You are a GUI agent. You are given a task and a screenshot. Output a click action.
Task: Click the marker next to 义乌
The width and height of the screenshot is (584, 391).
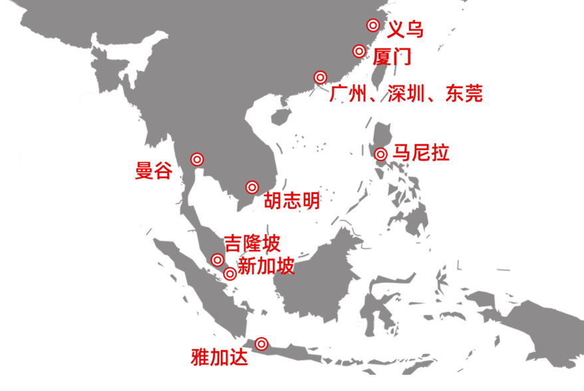(x=373, y=25)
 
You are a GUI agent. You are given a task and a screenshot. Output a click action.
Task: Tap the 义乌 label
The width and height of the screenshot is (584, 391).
(x=405, y=29)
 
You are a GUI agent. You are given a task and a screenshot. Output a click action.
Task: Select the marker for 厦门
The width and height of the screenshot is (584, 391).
(x=359, y=51)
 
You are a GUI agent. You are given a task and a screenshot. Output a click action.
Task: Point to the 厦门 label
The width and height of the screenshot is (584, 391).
(x=392, y=57)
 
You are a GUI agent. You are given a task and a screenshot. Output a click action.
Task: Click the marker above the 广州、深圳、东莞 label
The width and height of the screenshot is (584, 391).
(x=321, y=78)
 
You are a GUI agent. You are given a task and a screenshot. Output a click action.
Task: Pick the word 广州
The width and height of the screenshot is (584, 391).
(x=348, y=94)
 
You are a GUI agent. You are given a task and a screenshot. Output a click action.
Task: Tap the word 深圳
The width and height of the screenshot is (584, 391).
(x=406, y=94)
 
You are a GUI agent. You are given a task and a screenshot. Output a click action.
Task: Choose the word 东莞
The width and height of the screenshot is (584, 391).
(x=464, y=94)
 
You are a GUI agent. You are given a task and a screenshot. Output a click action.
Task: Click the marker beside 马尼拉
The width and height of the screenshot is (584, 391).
(x=380, y=154)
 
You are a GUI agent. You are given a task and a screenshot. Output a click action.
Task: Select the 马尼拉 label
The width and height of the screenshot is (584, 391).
(x=421, y=153)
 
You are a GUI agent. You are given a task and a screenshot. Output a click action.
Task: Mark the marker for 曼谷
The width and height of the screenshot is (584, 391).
(x=197, y=160)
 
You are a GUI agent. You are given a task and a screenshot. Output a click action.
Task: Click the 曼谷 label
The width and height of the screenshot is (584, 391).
(x=154, y=171)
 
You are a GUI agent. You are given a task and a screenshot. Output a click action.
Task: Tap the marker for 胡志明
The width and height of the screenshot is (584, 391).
(x=252, y=188)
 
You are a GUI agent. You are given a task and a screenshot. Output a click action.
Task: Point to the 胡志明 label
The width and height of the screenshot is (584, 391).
(x=292, y=200)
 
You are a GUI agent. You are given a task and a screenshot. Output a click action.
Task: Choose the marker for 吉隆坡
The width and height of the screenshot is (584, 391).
(x=218, y=260)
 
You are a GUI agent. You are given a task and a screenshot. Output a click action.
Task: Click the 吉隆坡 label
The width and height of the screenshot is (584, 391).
(x=252, y=243)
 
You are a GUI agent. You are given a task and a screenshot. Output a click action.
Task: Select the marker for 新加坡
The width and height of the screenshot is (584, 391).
(x=230, y=274)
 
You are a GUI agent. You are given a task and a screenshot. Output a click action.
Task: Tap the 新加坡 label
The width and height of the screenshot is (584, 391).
(x=266, y=266)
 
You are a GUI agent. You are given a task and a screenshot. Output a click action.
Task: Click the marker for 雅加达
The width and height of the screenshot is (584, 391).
(x=261, y=344)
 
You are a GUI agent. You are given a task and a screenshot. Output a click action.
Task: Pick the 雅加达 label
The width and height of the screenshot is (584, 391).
(x=219, y=357)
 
